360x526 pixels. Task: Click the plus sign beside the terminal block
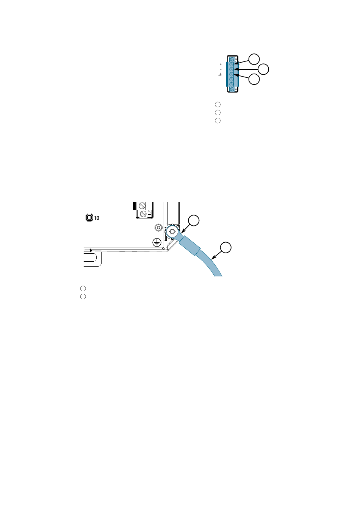[x=221, y=64]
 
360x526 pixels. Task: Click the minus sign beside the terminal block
[x=221, y=69]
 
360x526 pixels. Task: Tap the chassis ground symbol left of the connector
[x=220, y=75]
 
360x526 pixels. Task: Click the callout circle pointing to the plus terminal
[x=254, y=59]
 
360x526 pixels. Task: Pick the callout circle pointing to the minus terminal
[x=263, y=69]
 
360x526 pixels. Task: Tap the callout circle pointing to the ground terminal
[x=254, y=79]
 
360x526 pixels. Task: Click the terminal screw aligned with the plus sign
[x=232, y=64]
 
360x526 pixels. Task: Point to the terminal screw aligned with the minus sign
[x=232, y=69]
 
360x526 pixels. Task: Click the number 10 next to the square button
[x=97, y=218]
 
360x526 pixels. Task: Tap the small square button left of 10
[x=89, y=218]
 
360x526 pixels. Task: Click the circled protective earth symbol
[x=157, y=242]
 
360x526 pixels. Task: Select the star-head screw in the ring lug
[x=172, y=232]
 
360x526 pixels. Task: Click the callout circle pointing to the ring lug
[x=194, y=220]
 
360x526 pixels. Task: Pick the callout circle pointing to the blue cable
[x=226, y=248]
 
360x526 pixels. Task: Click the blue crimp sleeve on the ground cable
[x=189, y=245]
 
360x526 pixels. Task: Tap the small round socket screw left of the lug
[x=158, y=227]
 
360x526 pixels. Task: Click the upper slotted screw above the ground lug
[x=142, y=206]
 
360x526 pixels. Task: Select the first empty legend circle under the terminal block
[x=218, y=105]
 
